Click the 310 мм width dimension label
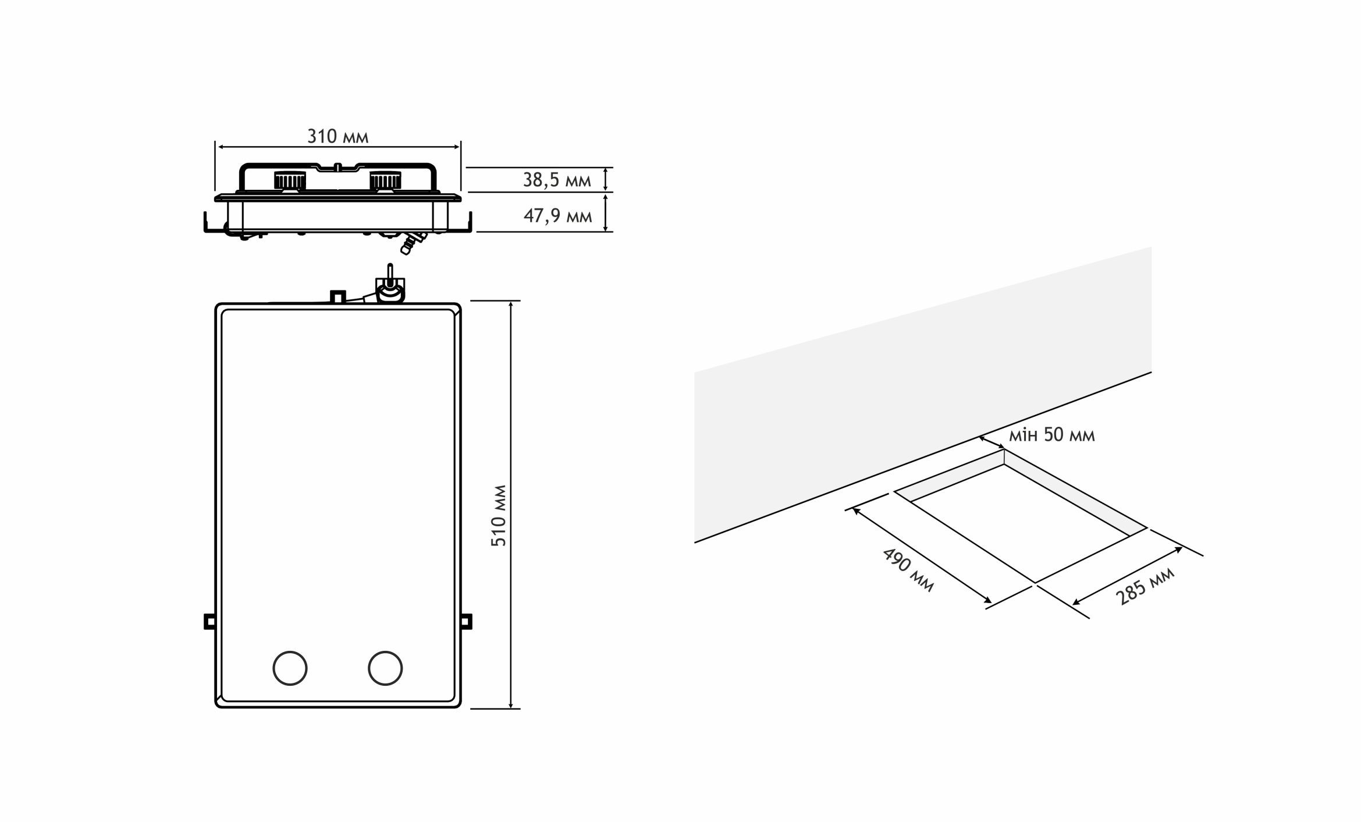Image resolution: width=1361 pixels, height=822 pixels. pyautogui.click(x=337, y=136)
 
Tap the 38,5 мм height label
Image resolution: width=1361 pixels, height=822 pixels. pyautogui.click(x=557, y=180)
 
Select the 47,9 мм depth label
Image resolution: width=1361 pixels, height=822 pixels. pyautogui.click(x=557, y=216)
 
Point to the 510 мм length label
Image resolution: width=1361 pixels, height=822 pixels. pyautogui.click(x=499, y=515)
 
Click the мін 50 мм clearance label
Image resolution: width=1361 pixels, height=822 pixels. pyautogui.click(x=1051, y=435)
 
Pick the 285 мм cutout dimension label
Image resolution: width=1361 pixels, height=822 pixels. pyautogui.click(x=1145, y=586)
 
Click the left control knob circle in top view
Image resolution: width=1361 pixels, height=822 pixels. pyautogui.click(x=290, y=668)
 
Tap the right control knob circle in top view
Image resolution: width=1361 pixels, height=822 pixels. pyautogui.click(x=385, y=668)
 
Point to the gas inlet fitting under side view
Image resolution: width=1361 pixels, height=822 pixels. pyautogui.click(x=411, y=242)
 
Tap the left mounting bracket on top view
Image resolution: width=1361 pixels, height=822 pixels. pyautogui.click(x=209, y=621)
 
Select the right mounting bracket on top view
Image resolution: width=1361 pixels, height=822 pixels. pyautogui.click(x=466, y=621)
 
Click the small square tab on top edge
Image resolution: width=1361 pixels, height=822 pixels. pyautogui.click(x=337, y=297)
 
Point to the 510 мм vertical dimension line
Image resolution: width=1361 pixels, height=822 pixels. pyautogui.click(x=511, y=505)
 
